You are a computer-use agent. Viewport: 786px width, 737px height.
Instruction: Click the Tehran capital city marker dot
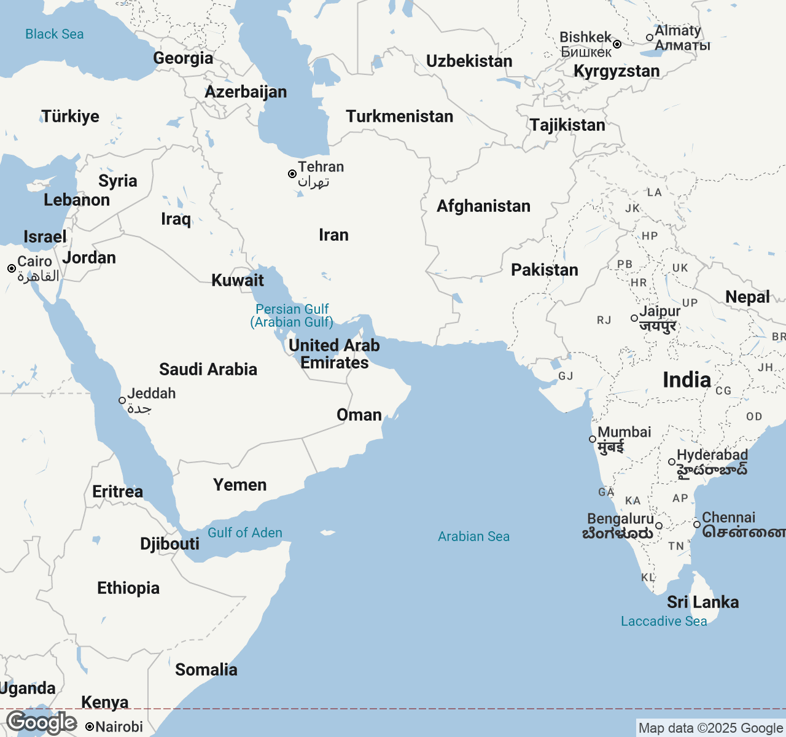(x=292, y=174)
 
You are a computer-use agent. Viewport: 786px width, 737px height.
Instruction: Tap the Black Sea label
(x=55, y=34)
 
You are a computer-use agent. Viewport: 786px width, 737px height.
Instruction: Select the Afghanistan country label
(x=483, y=206)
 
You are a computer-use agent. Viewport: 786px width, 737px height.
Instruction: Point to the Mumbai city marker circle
(x=593, y=439)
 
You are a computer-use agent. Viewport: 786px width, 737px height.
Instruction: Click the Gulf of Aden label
(x=245, y=533)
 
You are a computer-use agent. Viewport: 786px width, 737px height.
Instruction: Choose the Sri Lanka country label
(x=702, y=602)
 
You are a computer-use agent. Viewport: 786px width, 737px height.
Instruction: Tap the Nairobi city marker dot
(x=90, y=727)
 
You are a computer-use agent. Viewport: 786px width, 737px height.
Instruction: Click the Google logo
(x=42, y=723)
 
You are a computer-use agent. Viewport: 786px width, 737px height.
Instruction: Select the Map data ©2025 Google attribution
(x=710, y=728)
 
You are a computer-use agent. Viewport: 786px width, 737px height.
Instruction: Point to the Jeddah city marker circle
(x=122, y=400)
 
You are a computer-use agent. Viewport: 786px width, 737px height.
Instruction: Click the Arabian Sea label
(x=473, y=537)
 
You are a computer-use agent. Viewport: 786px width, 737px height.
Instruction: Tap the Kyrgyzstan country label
(x=617, y=71)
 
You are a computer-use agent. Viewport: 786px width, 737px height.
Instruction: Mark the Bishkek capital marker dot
(x=617, y=44)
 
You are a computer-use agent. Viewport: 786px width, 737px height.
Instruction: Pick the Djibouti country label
(x=169, y=544)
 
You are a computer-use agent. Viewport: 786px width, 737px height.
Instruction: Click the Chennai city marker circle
(x=697, y=524)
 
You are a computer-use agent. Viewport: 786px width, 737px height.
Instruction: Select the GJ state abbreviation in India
(x=566, y=376)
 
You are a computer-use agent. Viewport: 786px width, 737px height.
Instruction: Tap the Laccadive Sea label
(x=664, y=622)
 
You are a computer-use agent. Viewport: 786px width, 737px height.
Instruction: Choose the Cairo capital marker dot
(x=12, y=268)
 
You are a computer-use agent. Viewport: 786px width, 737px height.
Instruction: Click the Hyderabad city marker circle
(x=672, y=462)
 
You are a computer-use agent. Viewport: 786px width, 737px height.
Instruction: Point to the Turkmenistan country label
(x=399, y=117)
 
